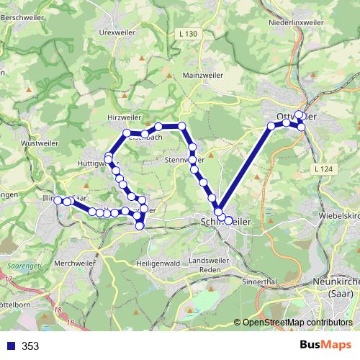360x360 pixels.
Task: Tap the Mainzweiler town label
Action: [x=204, y=74]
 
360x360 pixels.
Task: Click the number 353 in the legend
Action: [x=30, y=346]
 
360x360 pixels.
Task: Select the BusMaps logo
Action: [x=322, y=346]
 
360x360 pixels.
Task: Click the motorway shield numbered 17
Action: [x=9, y=278]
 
